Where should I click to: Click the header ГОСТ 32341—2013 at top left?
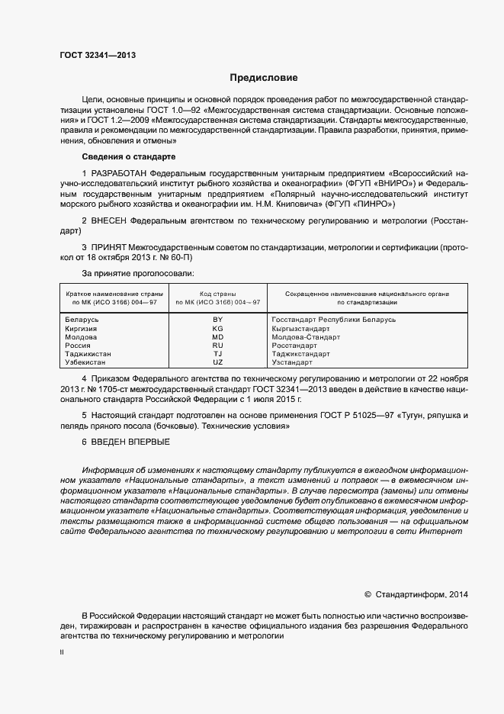pos(92,55)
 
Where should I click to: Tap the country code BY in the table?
pos(217,320)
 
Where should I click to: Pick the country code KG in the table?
pos(217,328)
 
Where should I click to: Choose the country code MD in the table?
pos(217,336)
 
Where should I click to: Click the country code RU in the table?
pos(217,346)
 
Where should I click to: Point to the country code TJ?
pos(217,354)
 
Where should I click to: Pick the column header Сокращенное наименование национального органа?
pos(367,294)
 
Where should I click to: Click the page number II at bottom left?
pos(62,652)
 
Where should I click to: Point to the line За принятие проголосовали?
pos(138,272)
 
